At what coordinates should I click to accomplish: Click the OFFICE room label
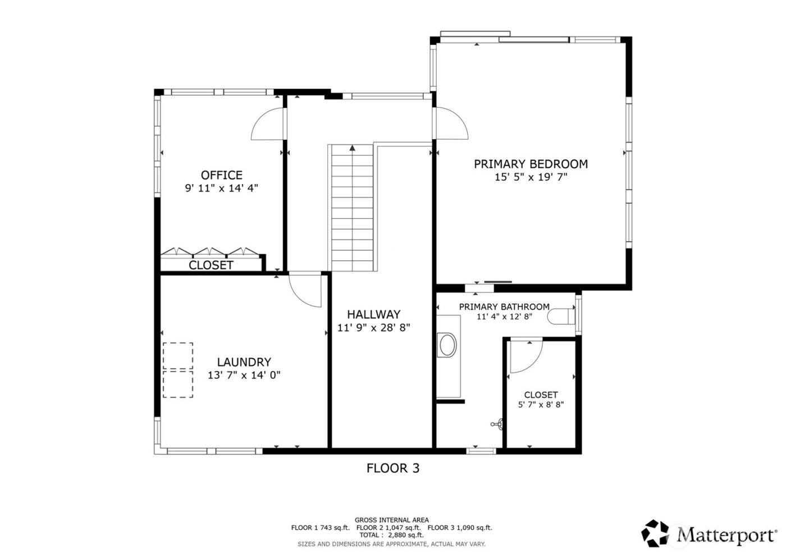point(221,175)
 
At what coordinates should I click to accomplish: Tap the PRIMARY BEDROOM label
point(531,164)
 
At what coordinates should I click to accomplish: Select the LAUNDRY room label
point(244,363)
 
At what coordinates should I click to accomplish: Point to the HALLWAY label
point(373,314)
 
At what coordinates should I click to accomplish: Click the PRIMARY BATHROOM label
point(504,306)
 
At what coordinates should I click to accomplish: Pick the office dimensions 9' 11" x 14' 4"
point(221,189)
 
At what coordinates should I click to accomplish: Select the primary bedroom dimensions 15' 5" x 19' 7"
point(531,177)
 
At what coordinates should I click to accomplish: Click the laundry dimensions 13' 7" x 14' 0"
point(244,375)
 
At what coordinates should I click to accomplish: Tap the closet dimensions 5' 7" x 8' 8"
point(541,404)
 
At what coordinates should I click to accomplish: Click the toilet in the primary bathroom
point(562,316)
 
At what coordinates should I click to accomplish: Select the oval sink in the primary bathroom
point(447,346)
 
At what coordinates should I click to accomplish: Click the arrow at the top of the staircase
point(352,148)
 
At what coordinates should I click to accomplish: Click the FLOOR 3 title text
point(392,467)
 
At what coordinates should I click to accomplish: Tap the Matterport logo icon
point(656,533)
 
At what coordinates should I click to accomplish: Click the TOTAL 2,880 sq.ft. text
point(391,535)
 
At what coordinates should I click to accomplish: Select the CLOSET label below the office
point(211,265)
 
